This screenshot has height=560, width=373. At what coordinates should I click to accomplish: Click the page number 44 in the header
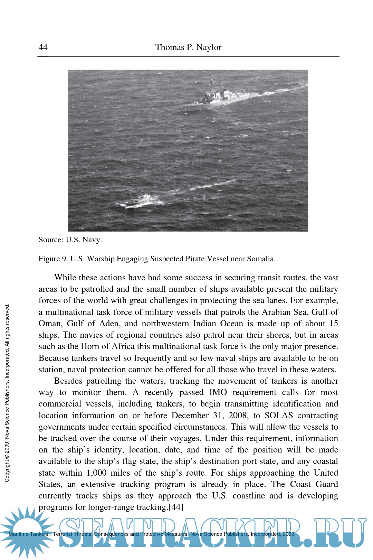[x=43, y=47]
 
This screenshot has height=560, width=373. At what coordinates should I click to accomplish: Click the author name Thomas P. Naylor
[x=188, y=47]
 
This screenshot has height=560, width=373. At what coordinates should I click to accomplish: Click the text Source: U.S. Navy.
[x=70, y=240]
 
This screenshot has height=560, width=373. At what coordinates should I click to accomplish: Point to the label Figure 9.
[x=53, y=259]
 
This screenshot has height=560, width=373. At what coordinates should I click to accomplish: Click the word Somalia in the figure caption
[x=261, y=259]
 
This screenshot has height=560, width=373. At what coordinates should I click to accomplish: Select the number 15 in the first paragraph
[x=333, y=324]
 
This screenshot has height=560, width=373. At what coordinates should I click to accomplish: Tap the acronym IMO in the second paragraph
[x=218, y=392]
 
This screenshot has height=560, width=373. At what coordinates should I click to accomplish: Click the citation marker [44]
[x=176, y=507]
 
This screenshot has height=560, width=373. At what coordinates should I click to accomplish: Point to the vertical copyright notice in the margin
[x=7, y=392]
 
